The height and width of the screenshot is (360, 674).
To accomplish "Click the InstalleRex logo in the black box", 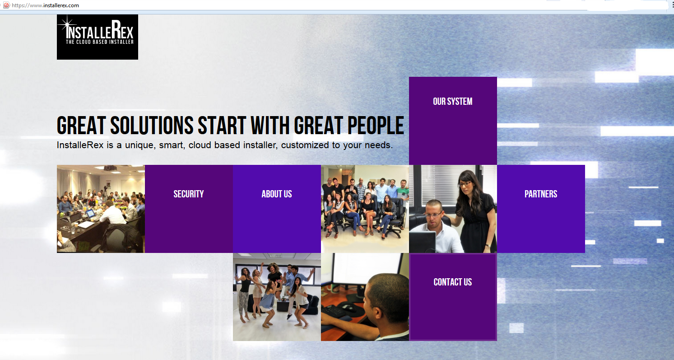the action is [98, 37].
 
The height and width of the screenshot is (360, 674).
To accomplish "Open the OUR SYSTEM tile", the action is [453, 121].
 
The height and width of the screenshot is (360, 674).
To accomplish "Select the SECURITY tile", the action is [189, 209].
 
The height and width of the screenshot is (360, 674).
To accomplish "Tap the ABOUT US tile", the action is [277, 209].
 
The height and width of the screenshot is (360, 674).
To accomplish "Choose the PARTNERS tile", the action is [541, 209].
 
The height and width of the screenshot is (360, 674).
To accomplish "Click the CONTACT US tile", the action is [453, 297].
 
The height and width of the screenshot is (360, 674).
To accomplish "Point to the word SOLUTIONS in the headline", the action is [152, 126].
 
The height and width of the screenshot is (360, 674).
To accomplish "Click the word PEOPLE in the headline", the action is [376, 126].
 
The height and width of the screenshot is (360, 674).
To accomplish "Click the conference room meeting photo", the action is [101, 209].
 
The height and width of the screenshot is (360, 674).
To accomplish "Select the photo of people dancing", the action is [277, 297].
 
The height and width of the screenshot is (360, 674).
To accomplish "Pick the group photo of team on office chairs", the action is [365, 209].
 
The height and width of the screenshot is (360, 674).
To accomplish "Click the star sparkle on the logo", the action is [67, 25].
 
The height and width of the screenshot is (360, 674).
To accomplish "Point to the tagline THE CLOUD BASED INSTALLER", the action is [100, 42].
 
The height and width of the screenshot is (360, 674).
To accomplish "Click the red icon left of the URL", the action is [6, 5].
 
